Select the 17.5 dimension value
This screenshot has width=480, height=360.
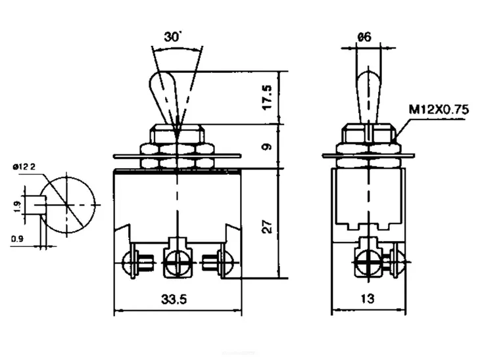[x=266, y=97]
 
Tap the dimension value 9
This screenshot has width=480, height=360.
[x=266, y=146]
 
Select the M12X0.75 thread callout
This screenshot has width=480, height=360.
[x=439, y=110]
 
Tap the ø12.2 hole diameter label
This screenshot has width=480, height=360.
[x=24, y=168]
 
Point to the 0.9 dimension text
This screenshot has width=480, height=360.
[x=17, y=238]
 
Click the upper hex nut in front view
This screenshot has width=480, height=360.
[x=178, y=135]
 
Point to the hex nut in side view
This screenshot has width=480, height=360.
[x=368, y=138]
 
